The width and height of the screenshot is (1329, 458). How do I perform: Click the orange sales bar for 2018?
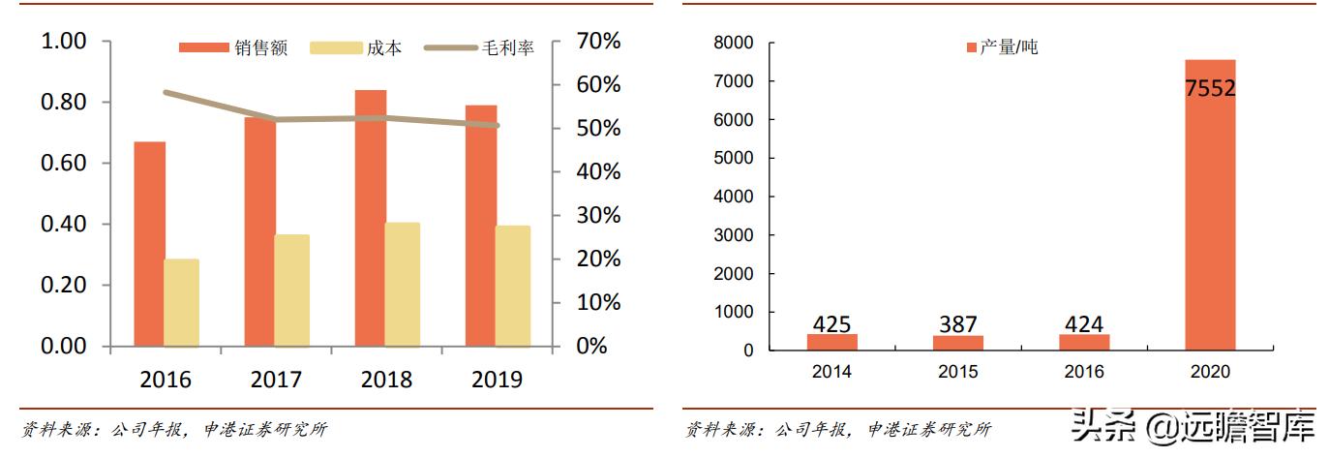(370, 218)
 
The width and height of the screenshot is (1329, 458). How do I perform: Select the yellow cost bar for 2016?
(181, 302)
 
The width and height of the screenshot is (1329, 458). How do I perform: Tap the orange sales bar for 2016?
(149, 244)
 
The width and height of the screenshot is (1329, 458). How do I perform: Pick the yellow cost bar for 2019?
(513, 286)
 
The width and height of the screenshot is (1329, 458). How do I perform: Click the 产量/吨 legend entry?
(1003, 46)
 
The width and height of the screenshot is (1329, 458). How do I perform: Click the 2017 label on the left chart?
(276, 380)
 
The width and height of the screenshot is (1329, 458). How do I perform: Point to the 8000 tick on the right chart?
(734, 43)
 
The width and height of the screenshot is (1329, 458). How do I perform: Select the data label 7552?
(1210, 88)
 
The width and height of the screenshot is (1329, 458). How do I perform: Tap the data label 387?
(957, 324)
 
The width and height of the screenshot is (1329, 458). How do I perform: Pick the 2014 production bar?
(831, 342)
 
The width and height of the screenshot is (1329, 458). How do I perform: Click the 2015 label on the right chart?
(957, 372)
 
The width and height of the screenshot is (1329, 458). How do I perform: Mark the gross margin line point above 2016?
(166, 93)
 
